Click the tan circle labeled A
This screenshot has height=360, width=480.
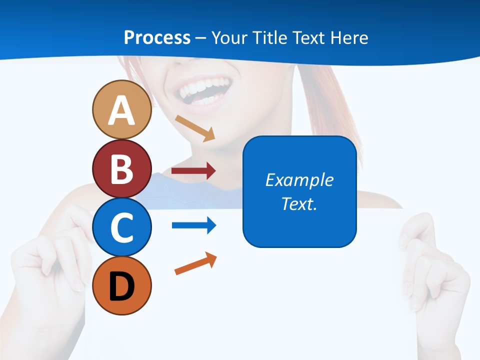[x=121, y=110]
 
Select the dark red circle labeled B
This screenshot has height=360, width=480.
[x=121, y=169]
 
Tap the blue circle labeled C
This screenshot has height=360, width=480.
[x=121, y=227]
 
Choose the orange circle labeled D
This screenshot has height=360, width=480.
[x=121, y=286]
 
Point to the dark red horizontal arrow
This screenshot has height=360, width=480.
[x=193, y=171]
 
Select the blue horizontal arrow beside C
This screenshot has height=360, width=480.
[x=193, y=225]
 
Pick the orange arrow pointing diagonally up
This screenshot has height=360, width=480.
[x=195, y=263]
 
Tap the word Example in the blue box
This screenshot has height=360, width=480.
[x=299, y=180]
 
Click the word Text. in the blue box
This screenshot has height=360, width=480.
[x=299, y=204]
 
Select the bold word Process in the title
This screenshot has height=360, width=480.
[x=157, y=37]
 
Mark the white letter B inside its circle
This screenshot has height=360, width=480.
[x=121, y=169]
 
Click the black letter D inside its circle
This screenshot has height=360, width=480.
[x=121, y=286]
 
